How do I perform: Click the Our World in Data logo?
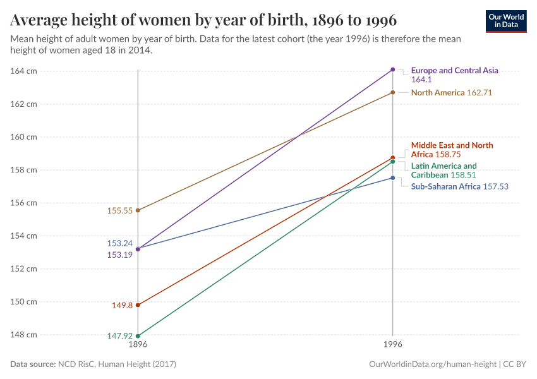(x=505, y=21)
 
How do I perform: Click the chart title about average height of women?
(x=203, y=20)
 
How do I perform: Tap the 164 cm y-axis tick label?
(x=23, y=71)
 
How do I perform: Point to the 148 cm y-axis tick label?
(x=23, y=334)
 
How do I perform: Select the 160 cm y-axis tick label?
(x=23, y=136)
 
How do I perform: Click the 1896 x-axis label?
(x=138, y=346)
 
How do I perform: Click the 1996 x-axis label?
(x=393, y=346)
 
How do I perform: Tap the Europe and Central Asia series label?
(x=454, y=71)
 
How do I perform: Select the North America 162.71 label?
(x=451, y=93)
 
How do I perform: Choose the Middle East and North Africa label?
(x=452, y=150)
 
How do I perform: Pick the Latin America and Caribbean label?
(x=443, y=171)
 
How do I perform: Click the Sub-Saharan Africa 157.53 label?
(x=459, y=187)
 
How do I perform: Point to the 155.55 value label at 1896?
(x=120, y=211)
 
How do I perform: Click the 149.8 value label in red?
(x=123, y=305)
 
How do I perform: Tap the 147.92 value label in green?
(x=119, y=336)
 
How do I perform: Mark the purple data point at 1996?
(x=393, y=69)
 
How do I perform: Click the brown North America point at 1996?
(x=393, y=92)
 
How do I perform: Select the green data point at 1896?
(x=138, y=336)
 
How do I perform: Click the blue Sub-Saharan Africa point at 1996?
(x=393, y=177)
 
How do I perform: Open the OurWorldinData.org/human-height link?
(x=432, y=364)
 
